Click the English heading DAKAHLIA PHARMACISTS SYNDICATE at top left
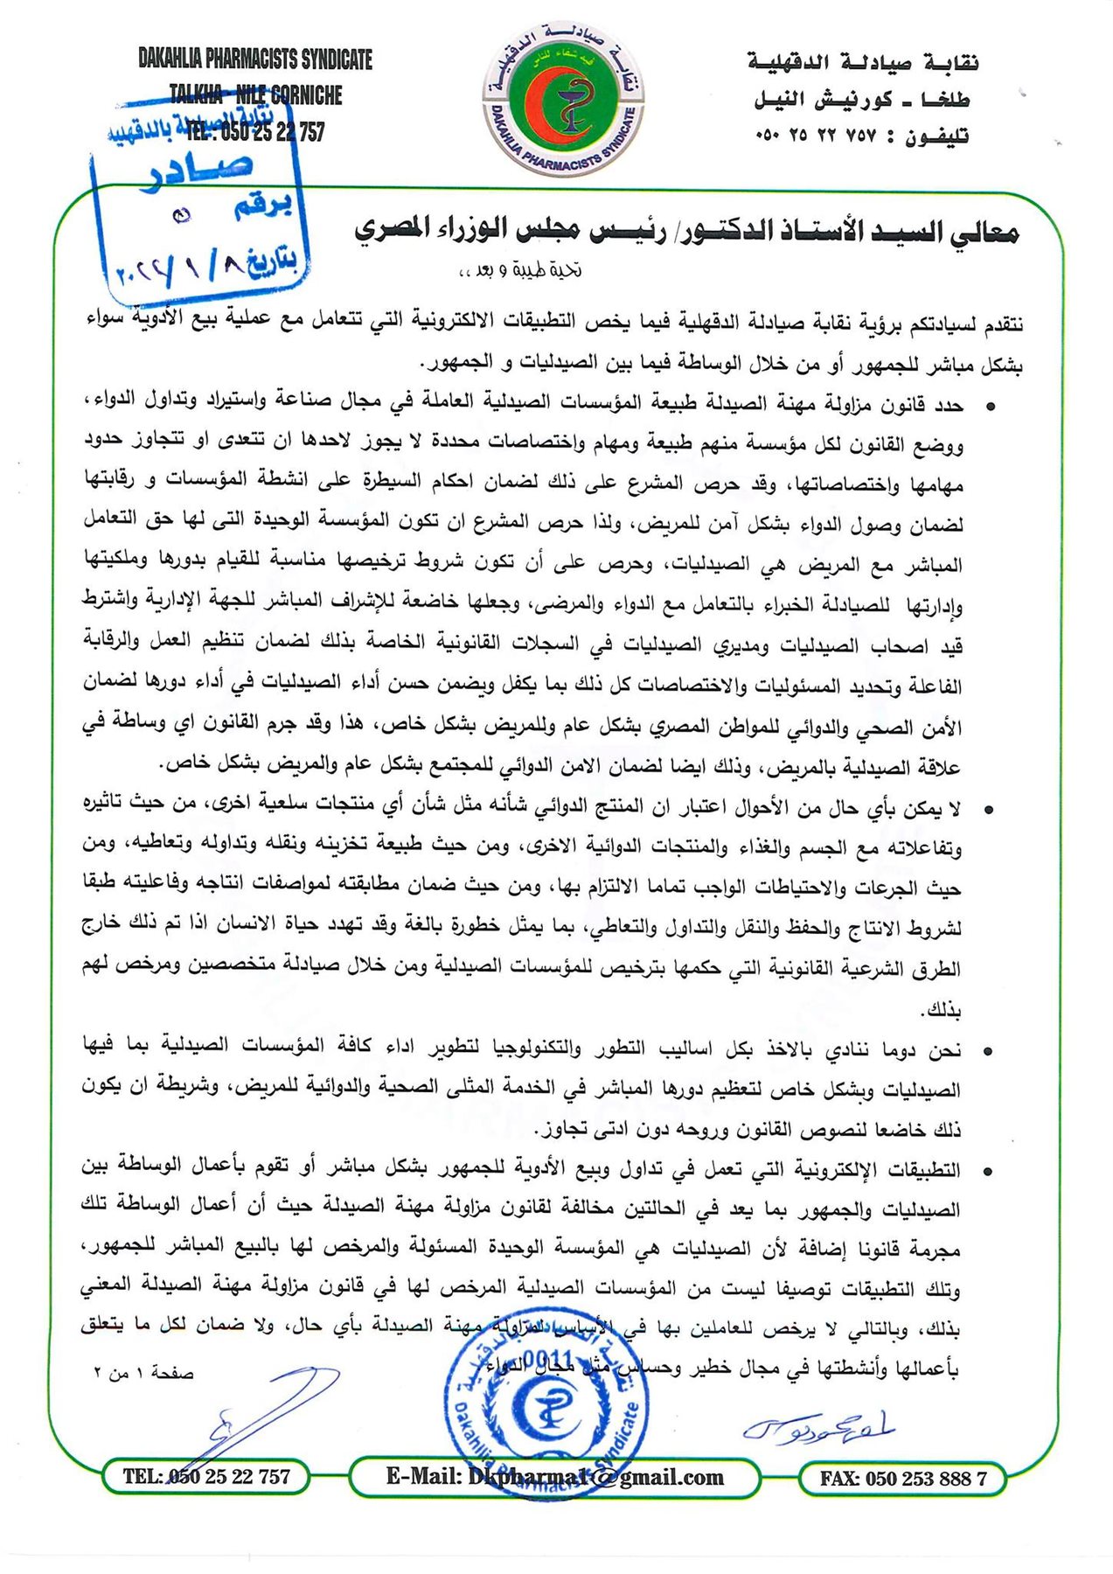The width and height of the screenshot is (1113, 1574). tap(255, 59)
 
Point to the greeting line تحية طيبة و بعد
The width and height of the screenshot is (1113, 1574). tap(520, 270)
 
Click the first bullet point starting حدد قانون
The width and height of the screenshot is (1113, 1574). tap(990, 407)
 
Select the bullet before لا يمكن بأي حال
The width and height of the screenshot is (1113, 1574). tap(989, 811)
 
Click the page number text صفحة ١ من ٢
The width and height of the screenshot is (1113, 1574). tap(143, 1373)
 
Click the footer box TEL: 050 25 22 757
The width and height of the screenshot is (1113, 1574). tap(206, 1477)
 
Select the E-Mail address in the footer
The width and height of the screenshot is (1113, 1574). tap(554, 1477)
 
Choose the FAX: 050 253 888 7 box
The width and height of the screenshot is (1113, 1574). tap(902, 1479)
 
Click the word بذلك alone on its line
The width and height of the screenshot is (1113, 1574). tap(941, 1011)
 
